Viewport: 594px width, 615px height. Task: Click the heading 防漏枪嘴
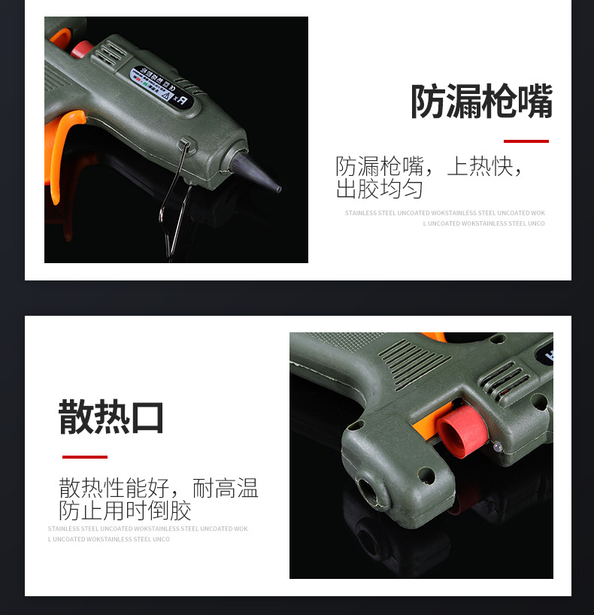coord(481,101)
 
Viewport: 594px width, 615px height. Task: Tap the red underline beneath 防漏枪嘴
coord(526,141)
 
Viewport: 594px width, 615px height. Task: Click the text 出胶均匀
coord(379,189)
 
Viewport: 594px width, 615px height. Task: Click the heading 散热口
coord(111,417)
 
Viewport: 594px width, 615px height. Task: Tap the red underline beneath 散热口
coord(84,456)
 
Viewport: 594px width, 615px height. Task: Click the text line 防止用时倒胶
coord(125,511)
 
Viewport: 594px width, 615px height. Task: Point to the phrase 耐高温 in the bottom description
coord(225,489)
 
